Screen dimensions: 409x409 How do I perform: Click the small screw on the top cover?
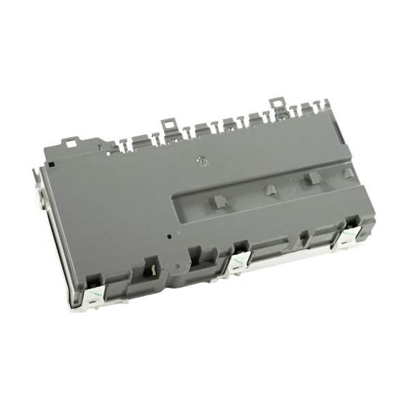pos(200,162)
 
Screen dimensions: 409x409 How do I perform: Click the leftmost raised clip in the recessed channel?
pos(217,201)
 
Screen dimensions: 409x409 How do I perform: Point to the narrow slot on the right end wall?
pos(368,204)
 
